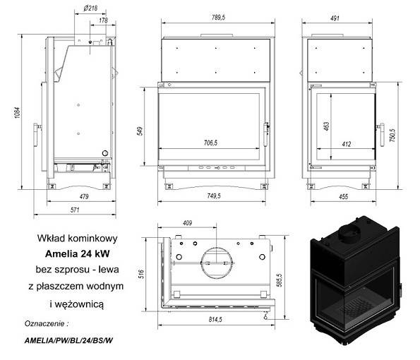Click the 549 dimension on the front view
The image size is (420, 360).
[x=141, y=131]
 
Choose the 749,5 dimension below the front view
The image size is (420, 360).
[x=213, y=196]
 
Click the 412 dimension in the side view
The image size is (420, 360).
[x=346, y=143]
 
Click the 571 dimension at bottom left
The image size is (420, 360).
[x=73, y=210]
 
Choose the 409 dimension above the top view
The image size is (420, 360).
[x=186, y=224]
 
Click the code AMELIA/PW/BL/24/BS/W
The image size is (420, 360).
[x=70, y=340]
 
